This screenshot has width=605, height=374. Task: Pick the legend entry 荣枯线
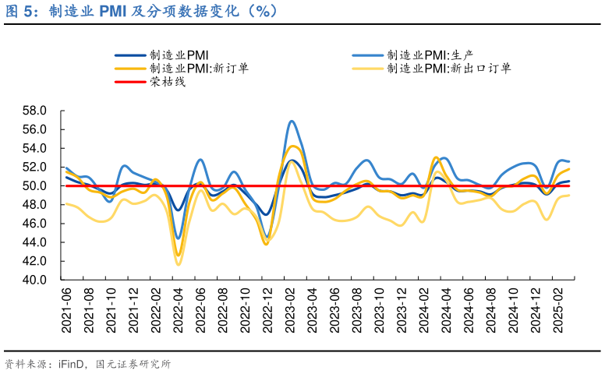pyautogui.click(x=167, y=81)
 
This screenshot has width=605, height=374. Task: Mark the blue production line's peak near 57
pyautogui.click(x=291, y=121)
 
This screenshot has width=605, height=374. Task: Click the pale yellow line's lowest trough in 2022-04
pyautogui.click(x=179, y=265)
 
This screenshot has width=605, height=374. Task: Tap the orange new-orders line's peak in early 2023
pyautogui.click(x=292, y=146)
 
